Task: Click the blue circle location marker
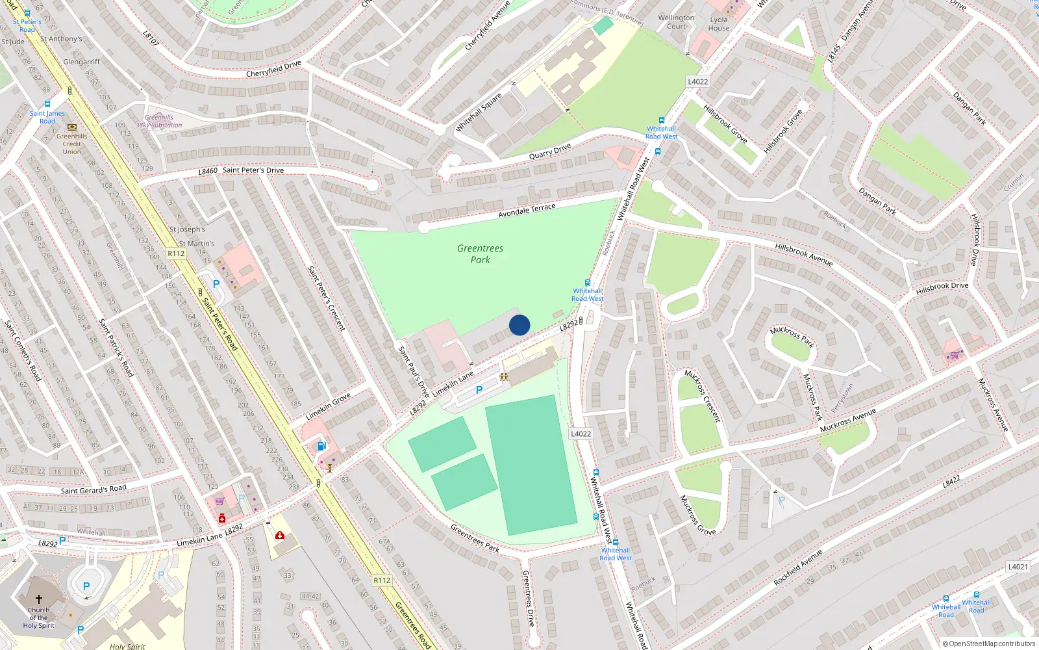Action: (x=519, y=325)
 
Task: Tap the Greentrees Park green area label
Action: (x=480, y=253)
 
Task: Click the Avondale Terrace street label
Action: (x=527, y=211)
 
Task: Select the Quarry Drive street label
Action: (x=550, y=151)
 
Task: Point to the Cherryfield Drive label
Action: (x=273, y=69)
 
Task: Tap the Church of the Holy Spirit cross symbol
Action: (x=39, y=599)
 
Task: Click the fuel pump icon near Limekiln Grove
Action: (x=321, y=446)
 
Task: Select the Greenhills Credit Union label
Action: (x=71, y=144)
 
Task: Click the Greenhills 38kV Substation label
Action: (x=159, y=122)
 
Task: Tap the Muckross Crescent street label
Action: (x=703, y=396)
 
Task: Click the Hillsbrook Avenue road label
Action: (x=803, y=254)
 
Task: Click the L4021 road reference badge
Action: (x=1018, y=567)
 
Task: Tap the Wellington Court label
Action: (x=676, y=22)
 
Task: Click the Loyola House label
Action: (x=719, y=24)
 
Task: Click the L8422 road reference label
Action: (x=951, y=482)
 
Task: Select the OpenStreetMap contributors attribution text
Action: (x=992, y=644)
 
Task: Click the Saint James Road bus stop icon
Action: (x=47, y=104)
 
